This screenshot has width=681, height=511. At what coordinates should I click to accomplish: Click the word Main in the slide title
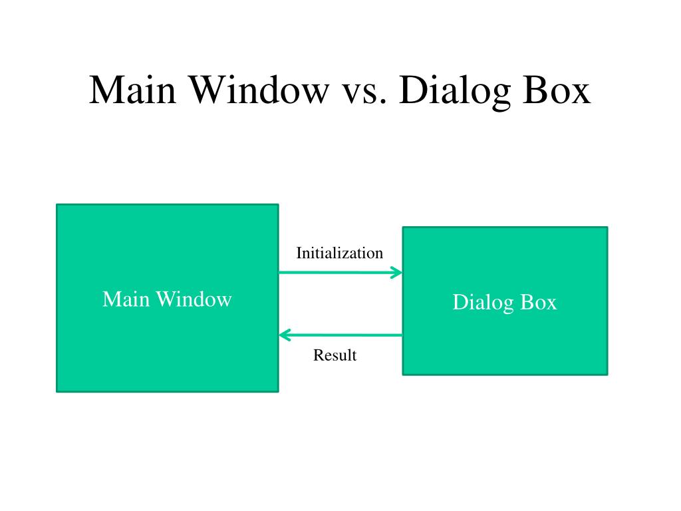tap(132, 90)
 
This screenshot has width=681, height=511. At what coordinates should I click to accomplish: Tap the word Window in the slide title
tap(260, 90)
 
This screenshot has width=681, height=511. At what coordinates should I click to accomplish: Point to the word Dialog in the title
tap(454, 92)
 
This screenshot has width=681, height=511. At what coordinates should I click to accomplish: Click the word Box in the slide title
tap(557, 90)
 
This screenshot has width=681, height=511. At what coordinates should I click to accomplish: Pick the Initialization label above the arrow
tap(340, 253)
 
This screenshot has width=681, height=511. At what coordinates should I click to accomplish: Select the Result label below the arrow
tap(335, 355)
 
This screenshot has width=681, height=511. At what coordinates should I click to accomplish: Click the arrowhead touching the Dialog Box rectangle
tap(396, 272)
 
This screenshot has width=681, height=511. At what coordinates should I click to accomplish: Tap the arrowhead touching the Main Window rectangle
tap(285, 335)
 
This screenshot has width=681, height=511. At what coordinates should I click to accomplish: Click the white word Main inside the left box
tap(126, 299)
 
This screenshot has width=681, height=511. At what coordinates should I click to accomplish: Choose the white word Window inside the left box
tap(194, 299)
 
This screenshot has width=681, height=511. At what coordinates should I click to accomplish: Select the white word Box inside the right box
tap(539, 302)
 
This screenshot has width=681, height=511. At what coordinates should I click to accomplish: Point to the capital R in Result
tap(319, 355)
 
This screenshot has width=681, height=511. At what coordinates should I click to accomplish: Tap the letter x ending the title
tap(581, 94)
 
